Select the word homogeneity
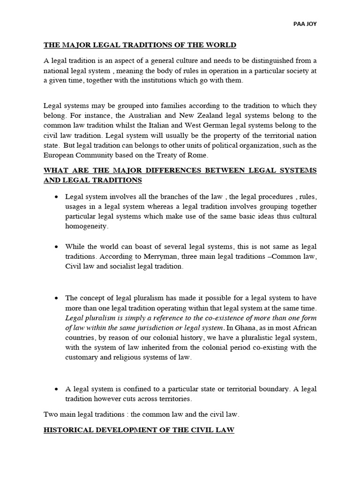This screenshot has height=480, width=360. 87,225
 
